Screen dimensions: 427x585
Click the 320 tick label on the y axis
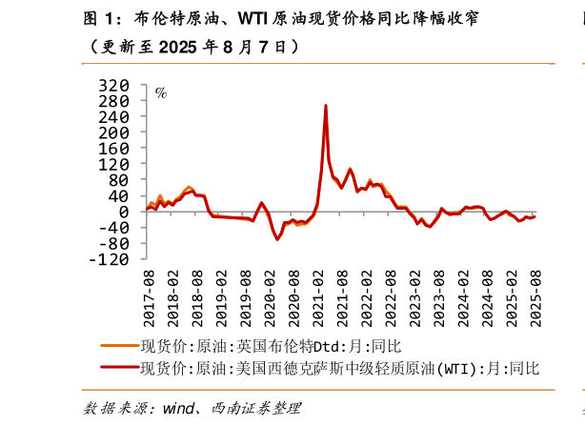(x=115, y=85)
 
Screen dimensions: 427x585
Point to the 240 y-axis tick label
(x=115, y=116)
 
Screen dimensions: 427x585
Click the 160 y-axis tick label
(x=115, y=148)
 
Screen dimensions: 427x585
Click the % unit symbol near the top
(x=161, y=92)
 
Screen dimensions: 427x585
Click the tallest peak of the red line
(x=326, y=106)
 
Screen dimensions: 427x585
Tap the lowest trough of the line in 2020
(x=277, y=238)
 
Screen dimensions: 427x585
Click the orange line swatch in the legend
(x=118, y=346)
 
